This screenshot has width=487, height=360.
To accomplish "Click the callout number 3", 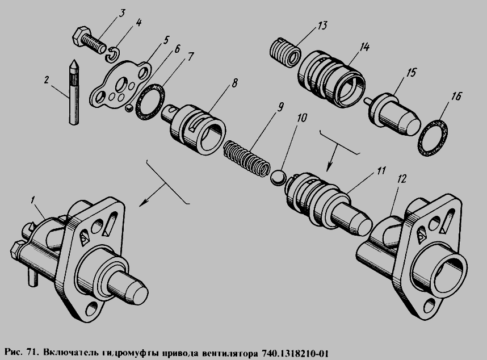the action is coord(122,14).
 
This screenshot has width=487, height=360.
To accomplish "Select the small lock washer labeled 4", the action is coord(112,54).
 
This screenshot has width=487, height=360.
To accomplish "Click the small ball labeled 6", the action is coord(129,108).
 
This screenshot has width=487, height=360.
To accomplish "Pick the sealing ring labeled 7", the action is coord(150,102).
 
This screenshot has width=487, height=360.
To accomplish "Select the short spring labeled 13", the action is coord(285,52).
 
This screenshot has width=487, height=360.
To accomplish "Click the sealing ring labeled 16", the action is coord(433,137).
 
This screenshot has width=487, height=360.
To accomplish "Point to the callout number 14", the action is coord(364,47).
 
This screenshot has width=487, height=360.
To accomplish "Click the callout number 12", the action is coord(402,179).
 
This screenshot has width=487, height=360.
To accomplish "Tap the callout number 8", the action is coord(234,83).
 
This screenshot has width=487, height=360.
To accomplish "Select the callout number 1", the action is coord(32,200).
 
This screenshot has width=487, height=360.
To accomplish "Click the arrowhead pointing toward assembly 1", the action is coord(144,202).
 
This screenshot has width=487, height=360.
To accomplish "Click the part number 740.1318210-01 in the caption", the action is coord(295,353).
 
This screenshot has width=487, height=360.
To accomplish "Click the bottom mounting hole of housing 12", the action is coord(430,305).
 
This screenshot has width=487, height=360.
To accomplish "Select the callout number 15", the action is coord(411,73).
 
